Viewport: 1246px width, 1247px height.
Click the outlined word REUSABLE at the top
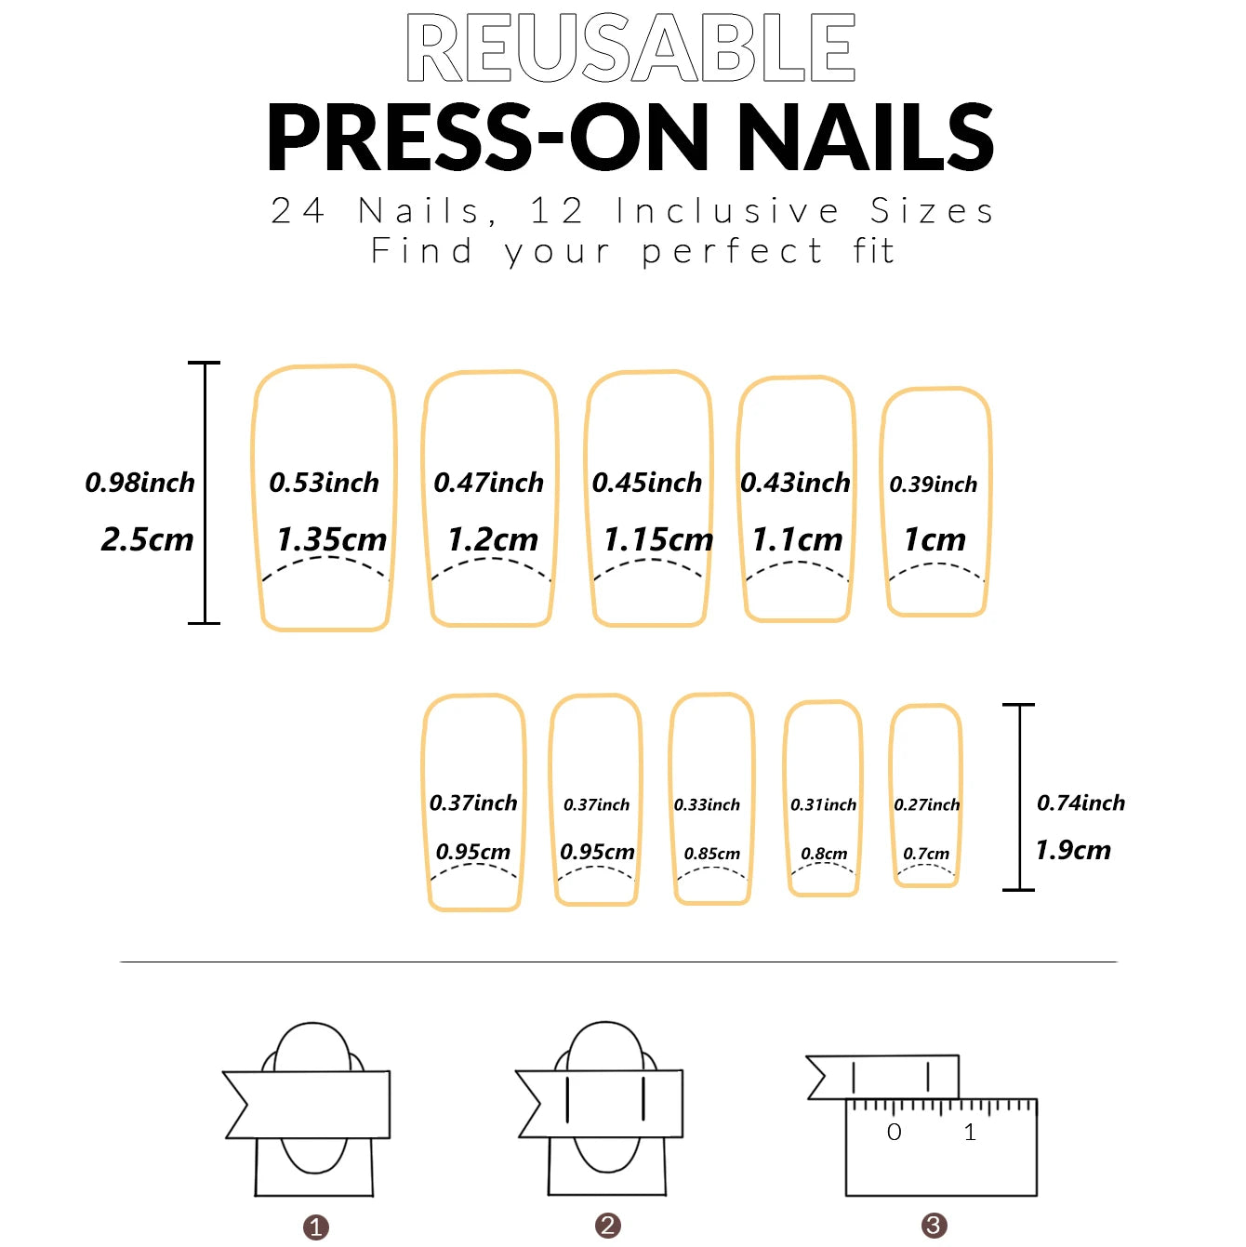[x=630, y=48]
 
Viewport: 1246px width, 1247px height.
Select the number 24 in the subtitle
[x=298, y=211]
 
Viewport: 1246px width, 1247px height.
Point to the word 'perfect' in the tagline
[x=733, y=251]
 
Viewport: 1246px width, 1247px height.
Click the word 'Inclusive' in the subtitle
[x=728, y=211]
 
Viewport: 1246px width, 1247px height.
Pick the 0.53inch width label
[x=325, y=483]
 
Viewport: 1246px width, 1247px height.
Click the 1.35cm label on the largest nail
[x=331, y=539]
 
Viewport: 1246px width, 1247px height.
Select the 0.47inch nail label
[x=489, y=483]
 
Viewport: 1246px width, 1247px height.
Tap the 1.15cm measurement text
[x=658, y=539]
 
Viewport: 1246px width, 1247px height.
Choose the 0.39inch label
[x=934, y=484]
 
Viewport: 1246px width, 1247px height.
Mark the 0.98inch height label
[x=140, y=483]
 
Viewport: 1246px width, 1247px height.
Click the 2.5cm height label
[x=147, y=539]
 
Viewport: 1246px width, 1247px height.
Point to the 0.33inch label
[x=708, y=805]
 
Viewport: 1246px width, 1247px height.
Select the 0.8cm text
[x=824, y=854]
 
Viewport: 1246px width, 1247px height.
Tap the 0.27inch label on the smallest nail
[x=927, y=805]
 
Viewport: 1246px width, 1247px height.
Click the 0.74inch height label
[x=1080, y=803]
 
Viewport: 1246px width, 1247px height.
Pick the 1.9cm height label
[x=1073, y=850]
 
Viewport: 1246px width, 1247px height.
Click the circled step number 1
[x=316, y=1227]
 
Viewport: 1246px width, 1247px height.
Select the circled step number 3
[x=934, y=1226]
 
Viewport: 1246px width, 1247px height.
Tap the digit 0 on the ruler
[x=895, y=1132]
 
